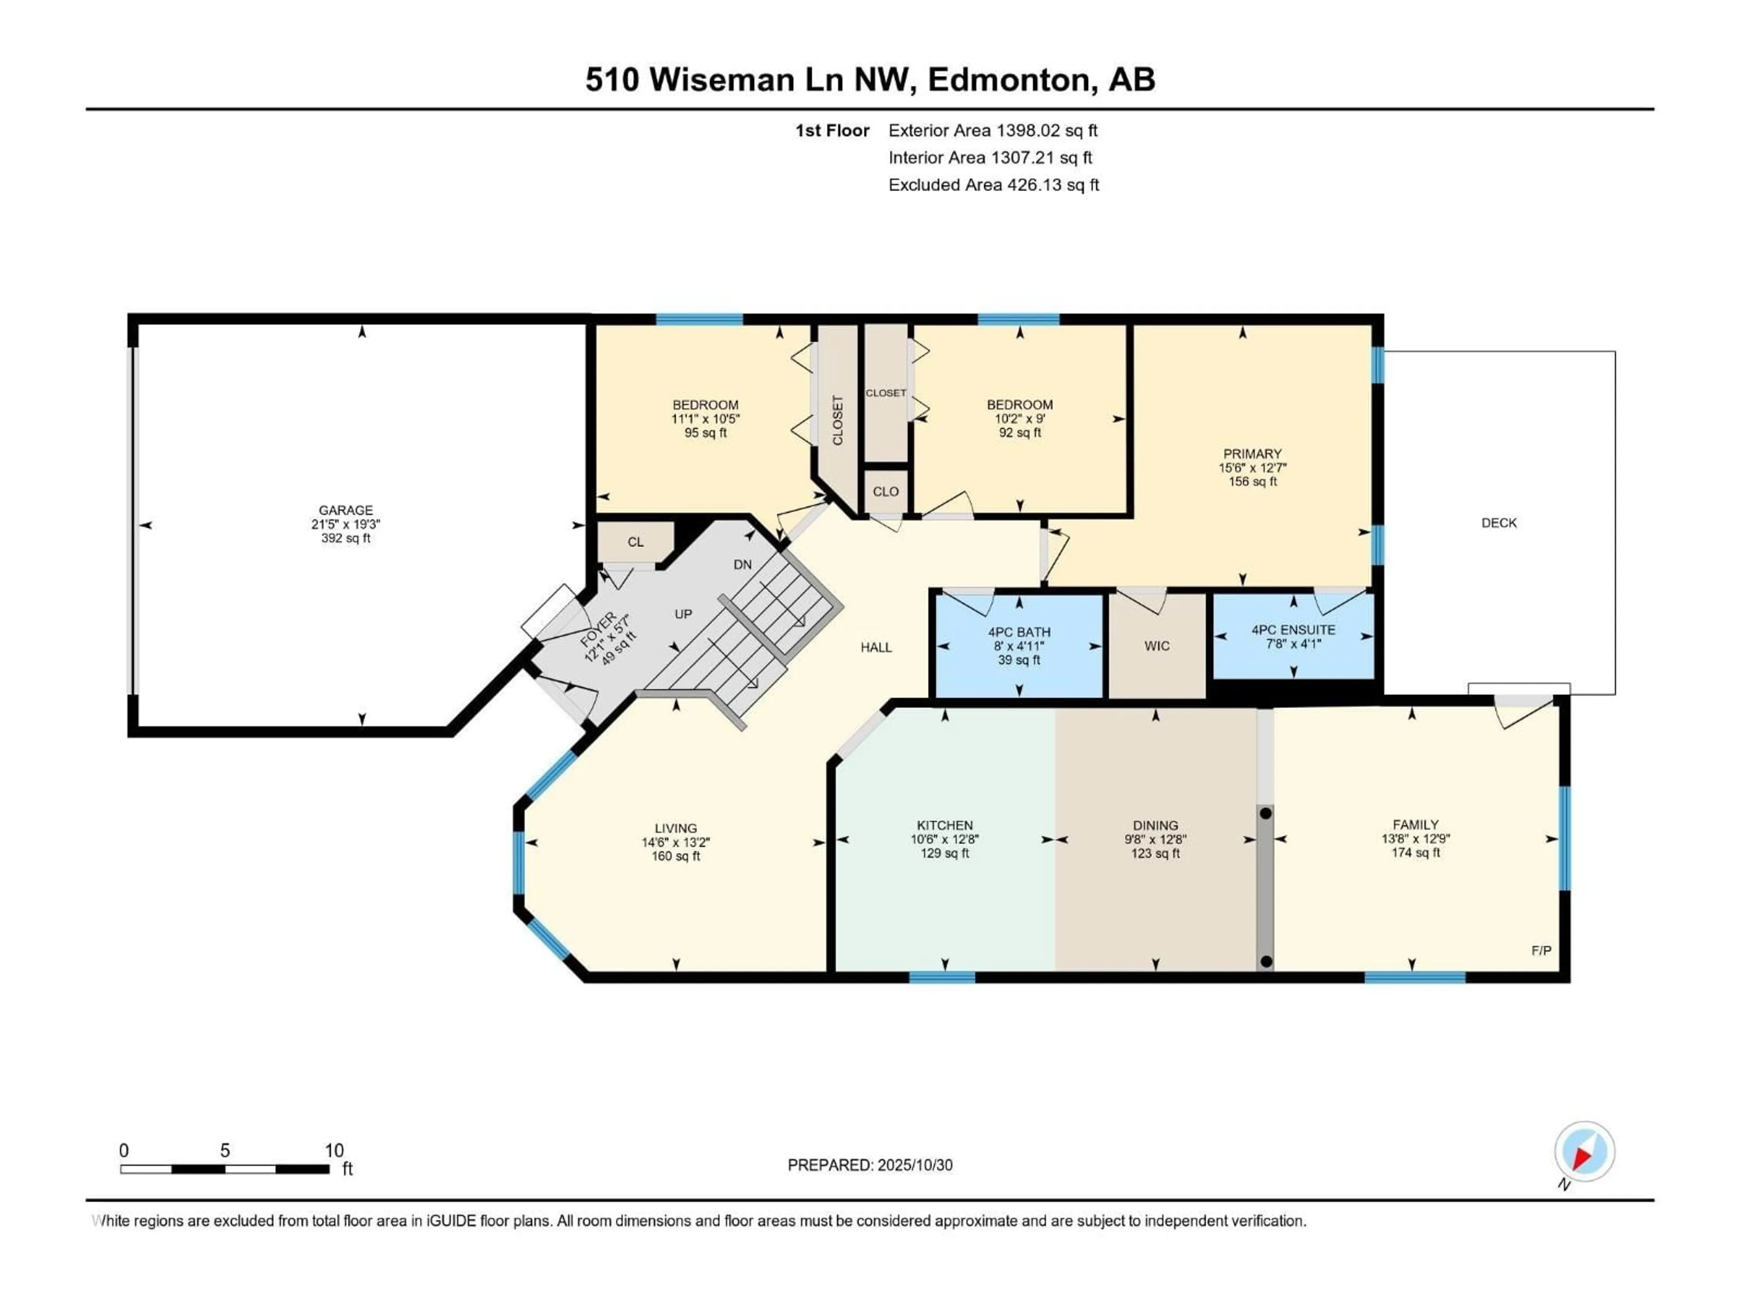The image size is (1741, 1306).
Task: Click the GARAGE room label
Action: pyautogui.click(x=345, y=510)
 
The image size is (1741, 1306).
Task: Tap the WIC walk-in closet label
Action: pyautogui.click(x=1156, y=646)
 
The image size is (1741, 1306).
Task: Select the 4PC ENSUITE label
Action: pyautogui.click(x=1293, y=630)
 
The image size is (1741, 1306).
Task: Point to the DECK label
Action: pyautogui.click(x=1498, y=523)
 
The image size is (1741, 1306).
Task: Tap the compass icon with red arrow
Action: pyautogui.click(x=1585, y=1152)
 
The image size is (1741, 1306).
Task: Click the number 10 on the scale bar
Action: pyautogui.click(x=334, y=1150)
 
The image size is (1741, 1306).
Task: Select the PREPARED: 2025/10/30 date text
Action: pyautogui.click(x=870, y=1165)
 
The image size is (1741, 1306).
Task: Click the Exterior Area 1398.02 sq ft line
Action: pyautogui.click(x=992, y=131)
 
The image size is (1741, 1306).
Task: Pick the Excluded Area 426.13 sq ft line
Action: pyautogui.click(x=993, y=185)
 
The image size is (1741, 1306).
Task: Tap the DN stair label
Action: pyautogui.click(x=742, y=565)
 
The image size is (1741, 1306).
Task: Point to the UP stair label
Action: pyautogui.click(x=683, y=614)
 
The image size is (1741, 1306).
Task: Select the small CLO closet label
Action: pyautogui.click(x=885, y=491)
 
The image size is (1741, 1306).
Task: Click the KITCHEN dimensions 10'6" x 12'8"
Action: pyautogui.click(x=944, y=839)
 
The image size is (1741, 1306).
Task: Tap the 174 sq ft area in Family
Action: pyautogui.click(x=1415, y=853)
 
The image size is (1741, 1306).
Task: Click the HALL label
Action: pyautogui.click(x=876, y=647)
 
